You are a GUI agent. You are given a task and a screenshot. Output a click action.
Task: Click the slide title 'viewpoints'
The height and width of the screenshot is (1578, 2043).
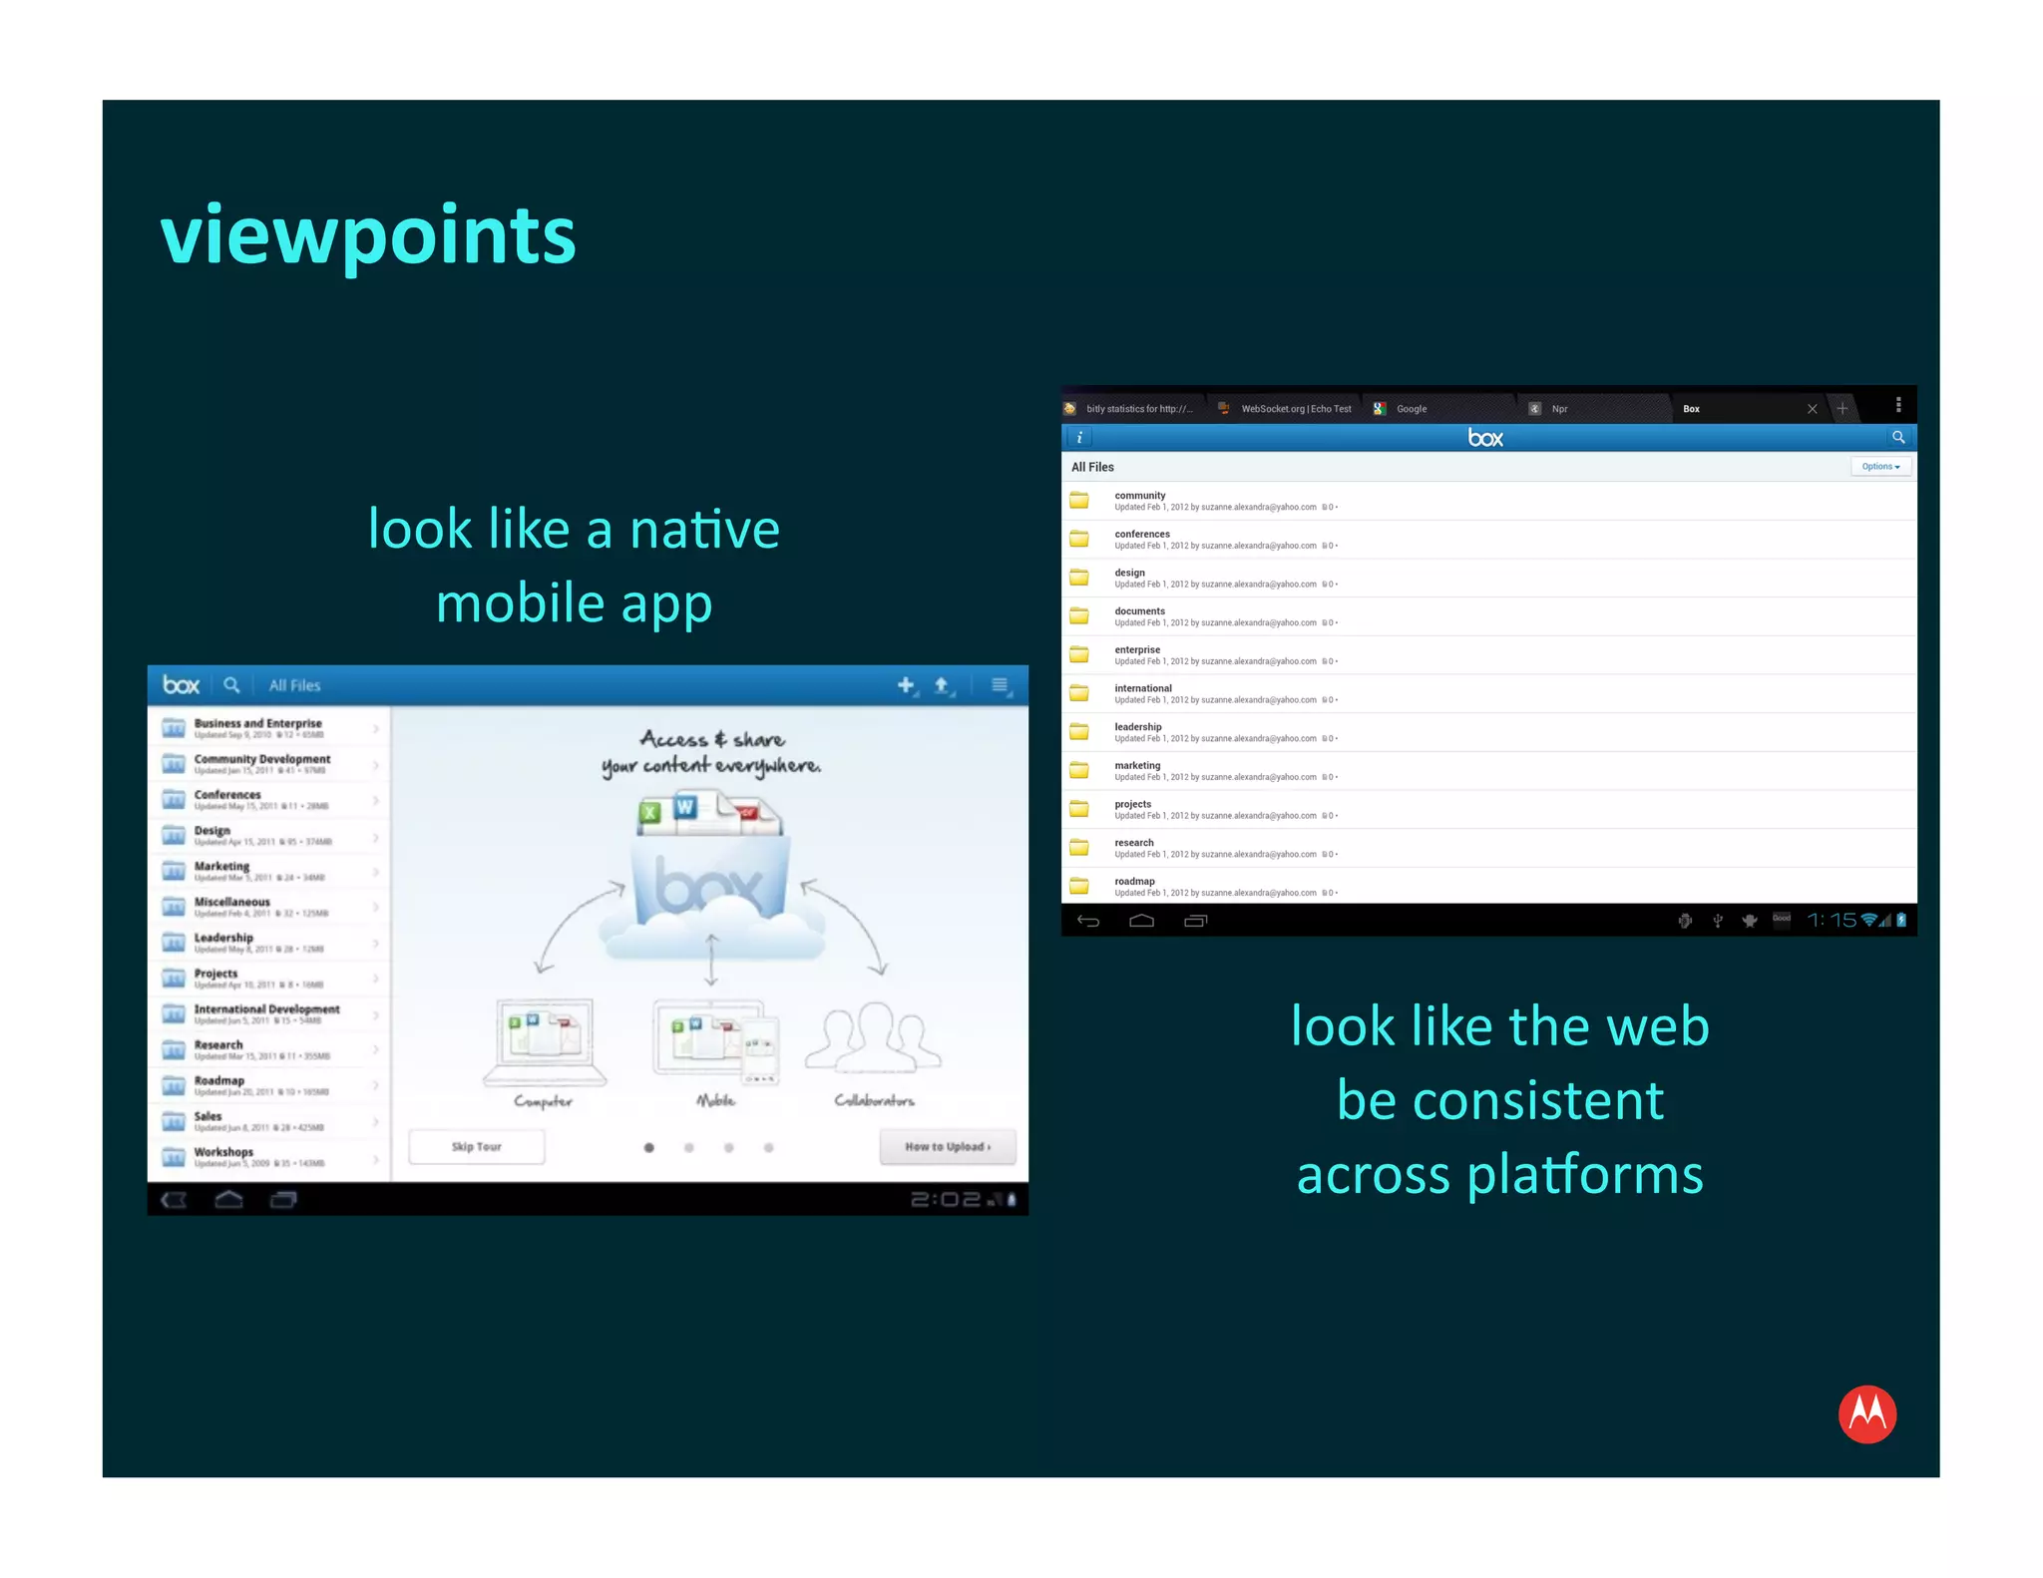point(367,235)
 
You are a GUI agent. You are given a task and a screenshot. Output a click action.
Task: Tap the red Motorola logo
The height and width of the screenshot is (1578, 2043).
point(1866,1413)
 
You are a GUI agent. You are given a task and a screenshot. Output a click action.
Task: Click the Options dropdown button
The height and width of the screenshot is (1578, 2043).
point(1880,466)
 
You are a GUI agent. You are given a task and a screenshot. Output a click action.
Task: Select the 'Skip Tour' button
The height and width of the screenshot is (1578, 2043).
point(477,1146)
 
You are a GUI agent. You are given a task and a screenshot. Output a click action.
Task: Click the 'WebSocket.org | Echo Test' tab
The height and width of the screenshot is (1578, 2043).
point(1295,409)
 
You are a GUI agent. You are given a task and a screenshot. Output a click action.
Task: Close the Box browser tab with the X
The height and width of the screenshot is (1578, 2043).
point(1812,409)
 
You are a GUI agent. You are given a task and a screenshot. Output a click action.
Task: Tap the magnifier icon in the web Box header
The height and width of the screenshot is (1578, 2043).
point(1897,437)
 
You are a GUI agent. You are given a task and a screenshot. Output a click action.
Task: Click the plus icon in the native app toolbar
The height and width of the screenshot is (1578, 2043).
point(905,685)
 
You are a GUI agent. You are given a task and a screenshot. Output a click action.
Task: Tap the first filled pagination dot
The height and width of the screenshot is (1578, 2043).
point(649,1147)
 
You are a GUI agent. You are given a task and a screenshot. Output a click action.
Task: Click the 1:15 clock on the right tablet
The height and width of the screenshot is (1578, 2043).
point(1832,920)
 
